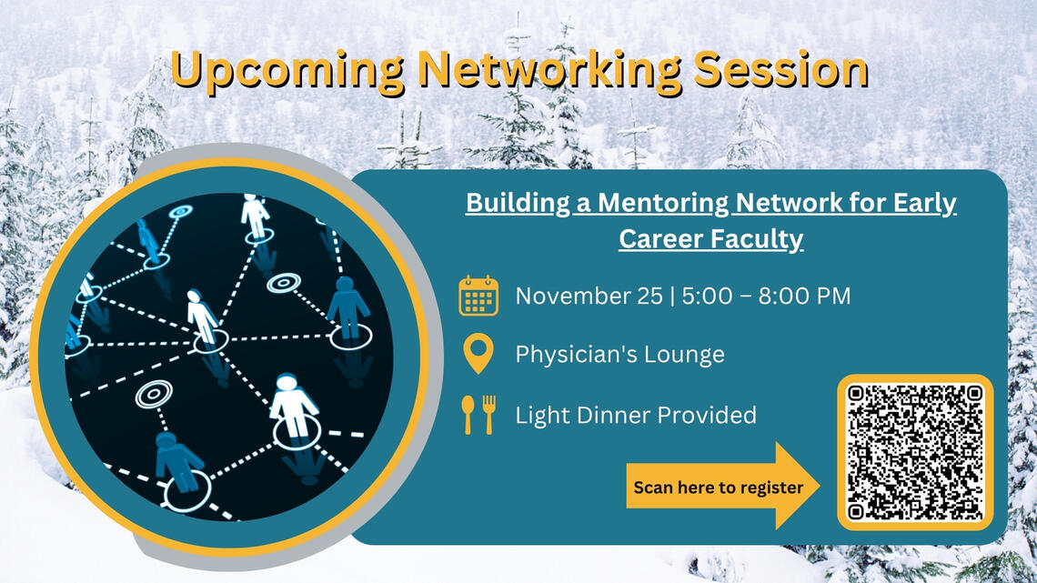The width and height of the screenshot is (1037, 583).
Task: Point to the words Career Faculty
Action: tap(710, 238)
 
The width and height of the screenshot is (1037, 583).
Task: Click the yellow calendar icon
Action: tap(478, 296)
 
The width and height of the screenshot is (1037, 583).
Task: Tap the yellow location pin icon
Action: tap(478, 354)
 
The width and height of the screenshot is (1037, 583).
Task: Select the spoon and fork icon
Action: tap(478, 415)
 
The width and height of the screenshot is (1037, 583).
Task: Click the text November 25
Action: tap(589, 296)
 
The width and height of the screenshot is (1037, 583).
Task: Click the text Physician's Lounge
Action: tap(619, 354)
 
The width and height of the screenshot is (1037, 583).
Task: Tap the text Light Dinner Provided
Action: tap(636, 416)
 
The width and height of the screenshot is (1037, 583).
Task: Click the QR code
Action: tap(915, 452)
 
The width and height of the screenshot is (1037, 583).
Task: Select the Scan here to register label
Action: tap(718, 488)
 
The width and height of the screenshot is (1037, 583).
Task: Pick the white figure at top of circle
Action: tap(255, 215)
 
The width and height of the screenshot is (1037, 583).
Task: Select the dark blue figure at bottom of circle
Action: tap(178, 462)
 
